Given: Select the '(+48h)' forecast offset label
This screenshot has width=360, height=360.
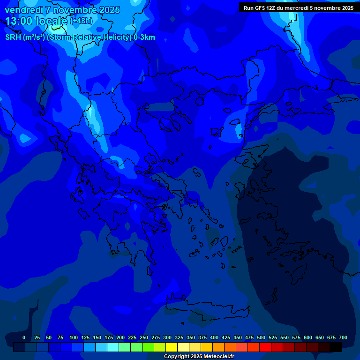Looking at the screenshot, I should (x=81, y=21).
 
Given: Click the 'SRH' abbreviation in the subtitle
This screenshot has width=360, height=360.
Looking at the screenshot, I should (x=13, y=37).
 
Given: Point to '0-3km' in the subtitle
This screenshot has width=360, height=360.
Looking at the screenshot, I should (x=144, y=37).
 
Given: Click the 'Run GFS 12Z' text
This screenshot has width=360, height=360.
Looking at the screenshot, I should (x=259, y=8).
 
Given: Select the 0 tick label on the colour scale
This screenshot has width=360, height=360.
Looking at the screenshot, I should (x=24, y=337).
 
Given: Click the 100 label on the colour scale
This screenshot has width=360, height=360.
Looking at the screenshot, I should (x=74, y=337).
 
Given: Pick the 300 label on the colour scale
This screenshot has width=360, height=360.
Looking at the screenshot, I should (x=167, y=337).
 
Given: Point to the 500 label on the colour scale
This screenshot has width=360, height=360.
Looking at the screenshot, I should (x=261, y=337).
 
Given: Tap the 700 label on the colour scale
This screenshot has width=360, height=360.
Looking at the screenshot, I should (x=343, y=337).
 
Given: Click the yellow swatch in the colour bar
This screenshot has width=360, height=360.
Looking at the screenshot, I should (x=172, y=347).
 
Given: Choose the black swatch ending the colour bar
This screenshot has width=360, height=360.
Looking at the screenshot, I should (x=336, y=347).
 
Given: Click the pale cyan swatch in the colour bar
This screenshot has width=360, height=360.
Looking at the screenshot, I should (x=113, y=347).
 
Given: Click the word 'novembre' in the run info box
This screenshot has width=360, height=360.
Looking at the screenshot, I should (x=326, y=8).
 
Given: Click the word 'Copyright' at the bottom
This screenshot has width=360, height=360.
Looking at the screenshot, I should (x=177, y=357).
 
